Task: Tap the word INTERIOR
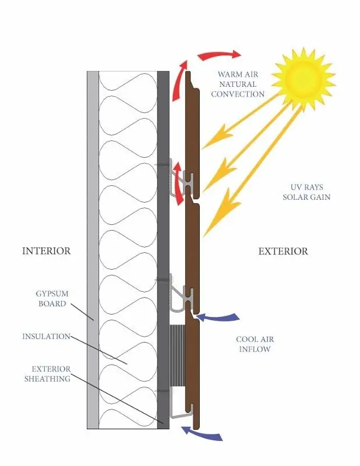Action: (47, 251)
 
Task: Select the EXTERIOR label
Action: (283, 251)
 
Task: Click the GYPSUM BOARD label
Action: (52, 299)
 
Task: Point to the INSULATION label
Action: (46, 337)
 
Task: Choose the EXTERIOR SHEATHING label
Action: (48, 374)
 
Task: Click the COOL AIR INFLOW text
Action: (255, 344)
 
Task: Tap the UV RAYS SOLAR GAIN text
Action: (306, 192)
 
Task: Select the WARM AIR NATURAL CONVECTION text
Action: (238, 84)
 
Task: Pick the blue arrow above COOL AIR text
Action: (218, 317)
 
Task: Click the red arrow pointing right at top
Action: (220, 55)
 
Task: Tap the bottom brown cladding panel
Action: (193, 374)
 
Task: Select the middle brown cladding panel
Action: (192, 258)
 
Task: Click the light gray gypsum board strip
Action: (93, 250)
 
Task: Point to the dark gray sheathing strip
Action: (163, 250)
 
